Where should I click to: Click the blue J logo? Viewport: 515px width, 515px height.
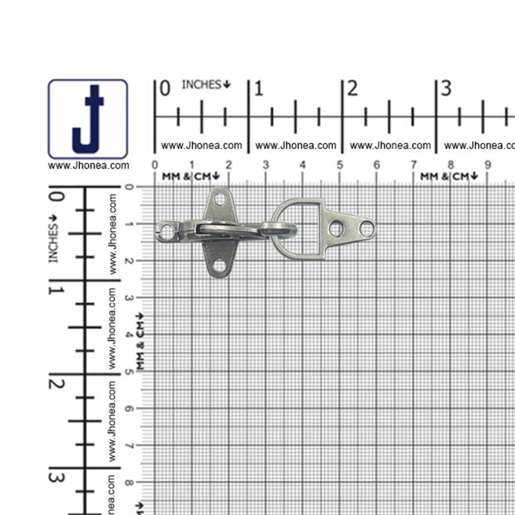(88, 119)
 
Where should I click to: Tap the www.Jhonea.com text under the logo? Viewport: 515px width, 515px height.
(89, 165)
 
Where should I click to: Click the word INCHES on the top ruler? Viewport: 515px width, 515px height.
(202, 85)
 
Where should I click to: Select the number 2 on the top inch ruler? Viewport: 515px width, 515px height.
(352, 89)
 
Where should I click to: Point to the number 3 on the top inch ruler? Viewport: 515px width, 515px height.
(446, 89)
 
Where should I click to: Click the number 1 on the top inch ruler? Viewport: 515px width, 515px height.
(259, 89)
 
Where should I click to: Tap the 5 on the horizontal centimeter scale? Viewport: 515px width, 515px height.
(339, 165)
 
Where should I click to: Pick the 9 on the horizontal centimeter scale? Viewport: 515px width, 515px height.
(488, 165)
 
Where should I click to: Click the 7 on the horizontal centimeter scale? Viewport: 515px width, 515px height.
(414, 165)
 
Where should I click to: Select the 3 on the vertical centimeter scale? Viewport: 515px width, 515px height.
(129, 298)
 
